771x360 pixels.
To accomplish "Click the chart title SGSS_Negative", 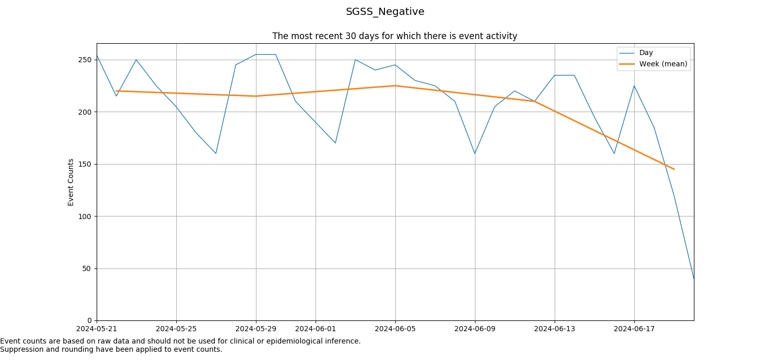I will [385, 12].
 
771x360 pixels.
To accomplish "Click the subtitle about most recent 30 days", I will [394, 36].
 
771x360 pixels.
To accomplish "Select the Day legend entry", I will [646, 53].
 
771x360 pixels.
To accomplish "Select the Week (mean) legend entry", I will [663, 64].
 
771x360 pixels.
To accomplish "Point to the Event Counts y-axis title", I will [71, 182].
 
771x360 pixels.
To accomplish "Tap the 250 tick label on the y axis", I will [85, 60].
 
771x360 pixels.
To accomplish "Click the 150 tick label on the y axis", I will [85, 164].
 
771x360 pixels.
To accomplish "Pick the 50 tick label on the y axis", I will [87, 268].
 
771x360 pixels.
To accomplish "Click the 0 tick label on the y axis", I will [89, 321].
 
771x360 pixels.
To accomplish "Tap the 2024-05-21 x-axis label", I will [97, 329].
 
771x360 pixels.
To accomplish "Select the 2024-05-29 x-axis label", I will [256, 329].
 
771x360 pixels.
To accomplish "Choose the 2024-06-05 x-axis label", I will [395, 329].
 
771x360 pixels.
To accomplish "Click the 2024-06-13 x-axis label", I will [555, 329].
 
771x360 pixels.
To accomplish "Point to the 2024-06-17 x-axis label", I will [634, 329].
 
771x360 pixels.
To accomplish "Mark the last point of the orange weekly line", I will [674, 169].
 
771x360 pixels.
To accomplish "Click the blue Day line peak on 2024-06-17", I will [634, 86].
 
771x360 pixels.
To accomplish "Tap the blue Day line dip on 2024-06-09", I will [475, 153].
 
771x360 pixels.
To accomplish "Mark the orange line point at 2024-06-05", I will [395, 86].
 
